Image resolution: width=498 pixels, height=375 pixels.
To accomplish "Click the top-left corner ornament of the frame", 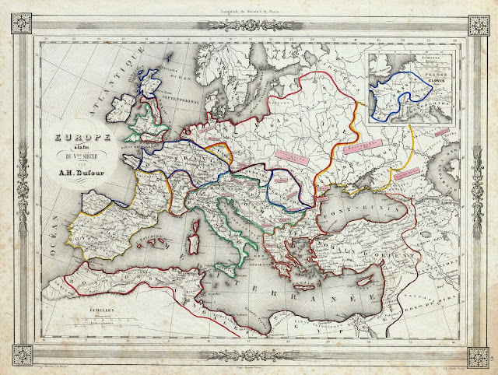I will tap(16, 17).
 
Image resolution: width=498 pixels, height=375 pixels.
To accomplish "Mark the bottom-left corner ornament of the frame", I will tap(16, 356).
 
